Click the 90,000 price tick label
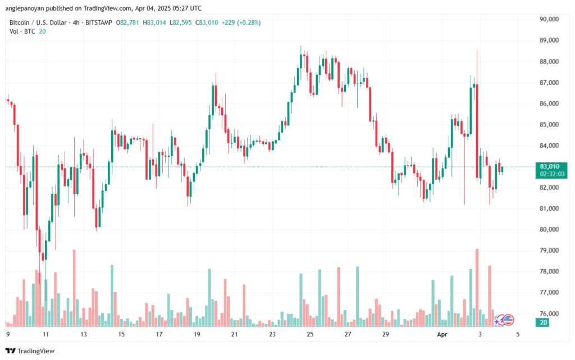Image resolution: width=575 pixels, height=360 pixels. point(549,19)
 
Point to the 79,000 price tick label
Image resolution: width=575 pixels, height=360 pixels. point(549,250)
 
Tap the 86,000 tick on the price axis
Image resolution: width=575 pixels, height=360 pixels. point(549,103)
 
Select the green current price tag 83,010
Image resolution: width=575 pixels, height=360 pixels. point(549,166)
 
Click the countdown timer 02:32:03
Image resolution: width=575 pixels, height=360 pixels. point(549,174)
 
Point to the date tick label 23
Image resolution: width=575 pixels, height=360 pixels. point(272,334)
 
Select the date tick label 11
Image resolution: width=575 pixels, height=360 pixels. point(46,334)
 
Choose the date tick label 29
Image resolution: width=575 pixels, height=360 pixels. point(386,334)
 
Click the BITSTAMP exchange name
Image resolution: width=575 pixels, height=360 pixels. point(98,22)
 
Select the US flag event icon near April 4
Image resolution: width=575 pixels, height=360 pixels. point(508,320)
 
